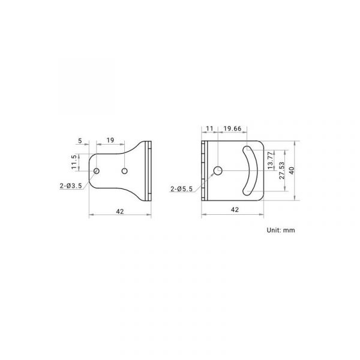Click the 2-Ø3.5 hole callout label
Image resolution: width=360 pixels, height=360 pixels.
pos(71,186)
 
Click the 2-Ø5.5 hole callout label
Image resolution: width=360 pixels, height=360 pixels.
pos(182,189)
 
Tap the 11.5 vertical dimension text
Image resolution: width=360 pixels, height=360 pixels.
pos(74,162)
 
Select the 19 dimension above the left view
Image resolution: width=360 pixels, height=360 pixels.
pos(110,140)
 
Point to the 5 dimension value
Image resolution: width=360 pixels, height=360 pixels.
pos(80,141)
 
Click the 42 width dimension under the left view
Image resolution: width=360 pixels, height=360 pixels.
pos(120,211)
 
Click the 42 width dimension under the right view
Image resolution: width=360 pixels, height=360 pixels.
pos(235,209)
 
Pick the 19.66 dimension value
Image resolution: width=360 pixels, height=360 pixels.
pos(233,128)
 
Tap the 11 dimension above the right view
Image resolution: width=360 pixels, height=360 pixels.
pos(209,128)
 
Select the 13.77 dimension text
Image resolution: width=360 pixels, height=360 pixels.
pos(271,160)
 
